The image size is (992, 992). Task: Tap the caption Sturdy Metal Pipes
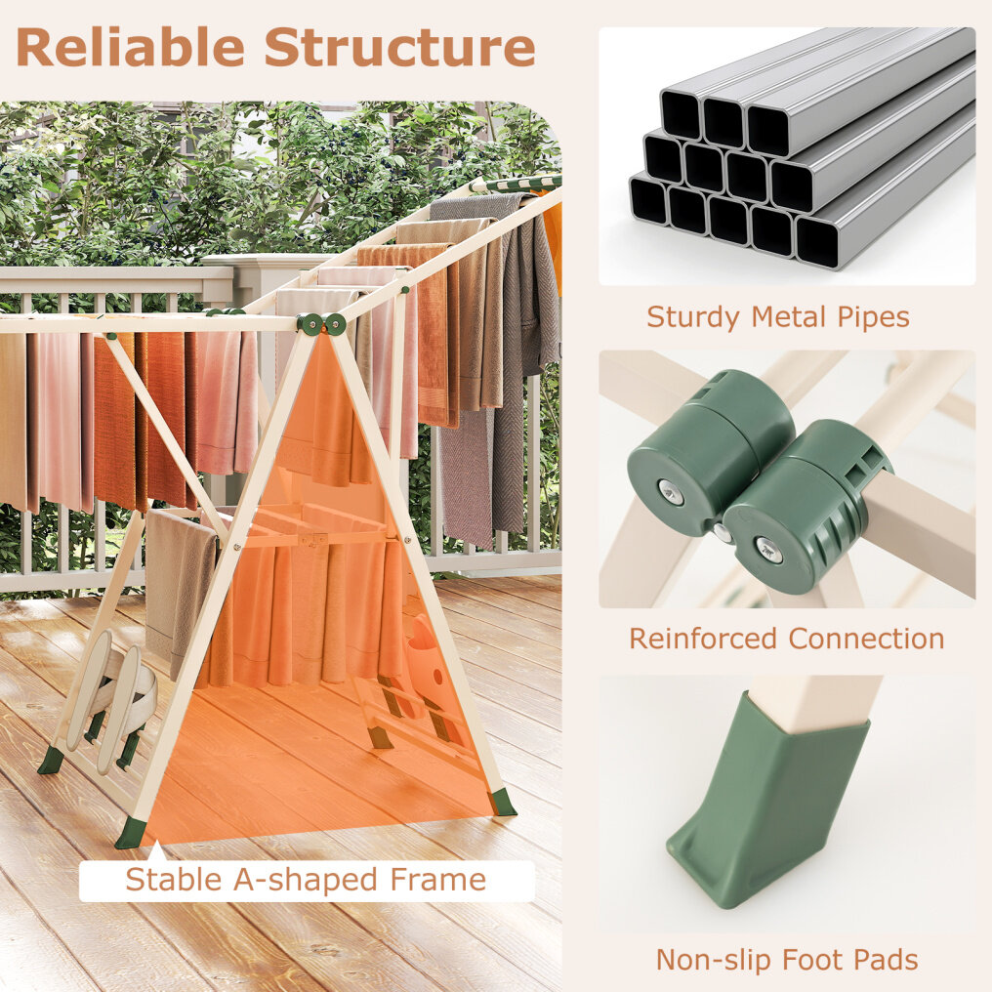(x=777, y=317)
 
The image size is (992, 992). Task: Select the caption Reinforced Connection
(x=786, y=639)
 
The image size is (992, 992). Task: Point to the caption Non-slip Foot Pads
(x=787, y=960)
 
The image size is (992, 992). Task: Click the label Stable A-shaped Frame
(x=307, y=880)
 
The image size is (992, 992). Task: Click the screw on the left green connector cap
(x=670, y=491)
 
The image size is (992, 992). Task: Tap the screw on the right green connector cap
(x=769, y=549)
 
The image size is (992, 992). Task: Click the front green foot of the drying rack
(x=131, y=832)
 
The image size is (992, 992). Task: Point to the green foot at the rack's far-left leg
(x=51, y=761)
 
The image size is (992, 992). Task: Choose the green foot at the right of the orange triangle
(x=502, y=803)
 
